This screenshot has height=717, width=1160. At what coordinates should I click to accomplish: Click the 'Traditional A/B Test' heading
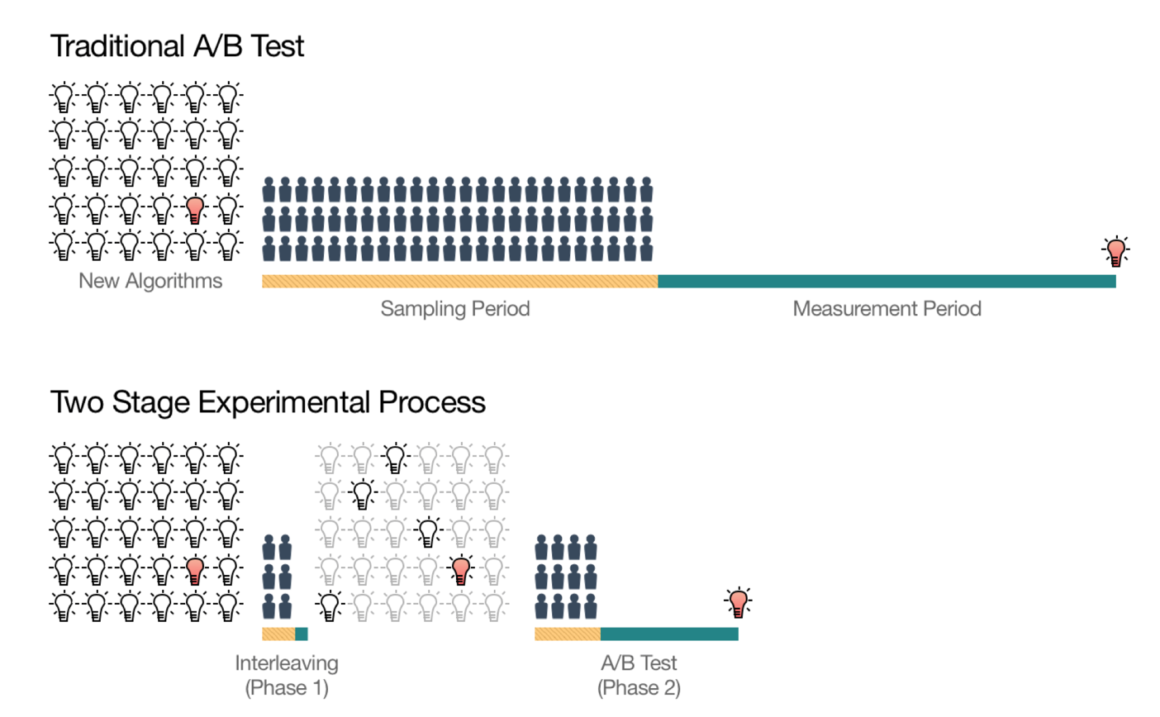coord(177,46)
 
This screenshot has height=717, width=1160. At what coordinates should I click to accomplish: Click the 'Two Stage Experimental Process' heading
coord(268,403)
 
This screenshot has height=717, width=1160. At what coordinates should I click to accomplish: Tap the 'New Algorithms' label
coord(150,281)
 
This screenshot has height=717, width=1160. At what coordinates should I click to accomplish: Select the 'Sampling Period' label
coord(455,309)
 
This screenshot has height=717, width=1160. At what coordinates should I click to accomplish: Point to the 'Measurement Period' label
coord(887,309)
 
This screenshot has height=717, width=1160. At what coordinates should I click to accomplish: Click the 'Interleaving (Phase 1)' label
coord(287,676)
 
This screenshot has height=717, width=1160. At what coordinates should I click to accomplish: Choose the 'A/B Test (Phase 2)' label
coord(639,676)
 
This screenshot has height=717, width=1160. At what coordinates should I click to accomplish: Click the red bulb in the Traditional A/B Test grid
coord(195,209)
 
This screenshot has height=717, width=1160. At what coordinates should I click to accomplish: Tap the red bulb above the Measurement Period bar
coord(1116,251)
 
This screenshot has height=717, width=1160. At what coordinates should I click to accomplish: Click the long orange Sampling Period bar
coord(460,281)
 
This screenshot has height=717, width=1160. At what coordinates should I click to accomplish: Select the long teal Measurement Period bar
coord(887,281)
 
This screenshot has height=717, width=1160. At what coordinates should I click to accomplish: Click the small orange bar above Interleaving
coord(278,634)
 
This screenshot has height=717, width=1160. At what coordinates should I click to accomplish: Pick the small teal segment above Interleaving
coord(302,634)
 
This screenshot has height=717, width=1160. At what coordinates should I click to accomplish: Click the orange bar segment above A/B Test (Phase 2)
coord(568,634)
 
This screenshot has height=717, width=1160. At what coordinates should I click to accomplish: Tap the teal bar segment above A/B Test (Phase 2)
coord(669,634)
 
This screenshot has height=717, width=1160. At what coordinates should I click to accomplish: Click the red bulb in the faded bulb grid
coord(461,569)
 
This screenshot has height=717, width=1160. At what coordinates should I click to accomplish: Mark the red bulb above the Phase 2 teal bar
coord(739,602)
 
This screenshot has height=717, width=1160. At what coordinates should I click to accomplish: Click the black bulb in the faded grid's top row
coord(396,458)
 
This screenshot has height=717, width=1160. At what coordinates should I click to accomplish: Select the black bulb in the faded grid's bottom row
coord(330,605)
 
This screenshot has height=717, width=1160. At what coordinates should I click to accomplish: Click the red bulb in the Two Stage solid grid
coord(195,570)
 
